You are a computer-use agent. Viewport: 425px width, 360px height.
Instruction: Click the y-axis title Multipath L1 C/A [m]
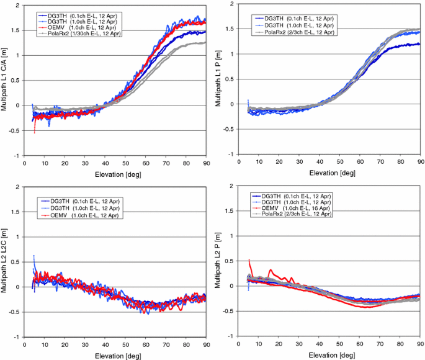[x=6, y=79]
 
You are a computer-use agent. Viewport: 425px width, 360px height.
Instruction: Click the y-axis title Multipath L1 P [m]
[x=219, y=79]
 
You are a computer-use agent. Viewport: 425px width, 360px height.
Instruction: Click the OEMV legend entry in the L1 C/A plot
[x=78, y=27]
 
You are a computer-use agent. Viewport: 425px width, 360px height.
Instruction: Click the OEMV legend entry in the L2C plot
[x=78, y=214]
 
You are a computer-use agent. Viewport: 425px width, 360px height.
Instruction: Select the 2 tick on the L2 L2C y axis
[x=19, y=186]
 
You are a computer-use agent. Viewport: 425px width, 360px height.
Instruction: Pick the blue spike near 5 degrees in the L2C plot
[x=34, y=257]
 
